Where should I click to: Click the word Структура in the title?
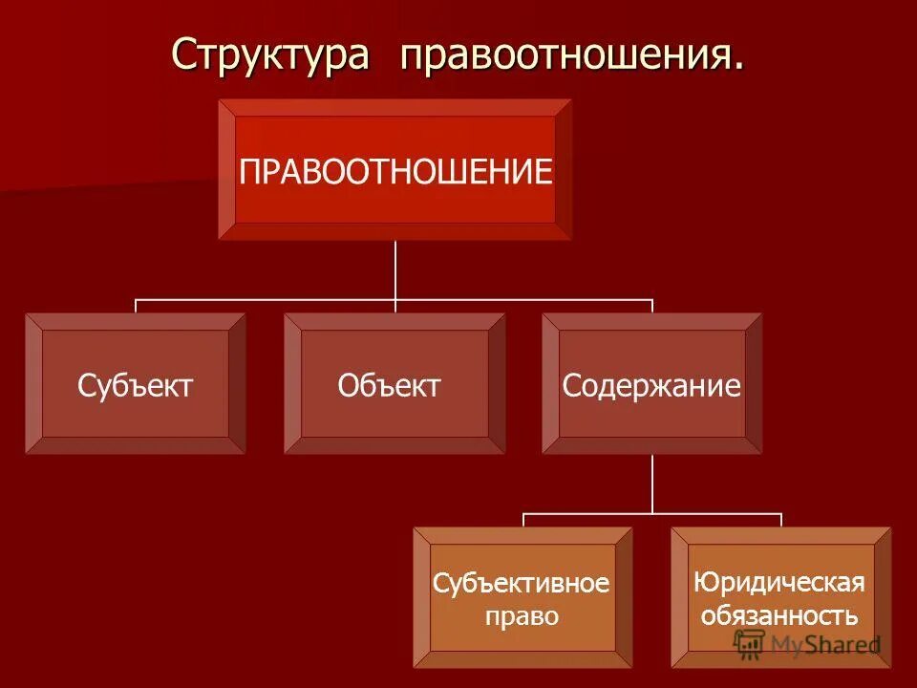pyautogui.click(x=269, y=54)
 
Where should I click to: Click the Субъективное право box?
pyautogui.click(x=522, y=597)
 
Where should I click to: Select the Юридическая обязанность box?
pyautogui.click(x=780, y=597)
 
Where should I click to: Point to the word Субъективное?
pyautogui.click(x=522, y=583)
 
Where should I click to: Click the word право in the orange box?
pyautogui.click(x=522, y=616)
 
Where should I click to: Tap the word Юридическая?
pyautogui.click(x=779, y=582)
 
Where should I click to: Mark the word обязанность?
pyautogui.click(x=779, y=614)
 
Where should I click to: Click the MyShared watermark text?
pyautogui.click(x=825, y=645)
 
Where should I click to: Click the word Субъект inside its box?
pyautogui.click(x=136, y=386)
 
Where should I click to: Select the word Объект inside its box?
pyautogui.click(x=390, y=386)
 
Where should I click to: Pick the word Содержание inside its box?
pyautogui.click(x=652, y=386)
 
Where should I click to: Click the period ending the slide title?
pyautogui.click(x=737, y=67)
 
